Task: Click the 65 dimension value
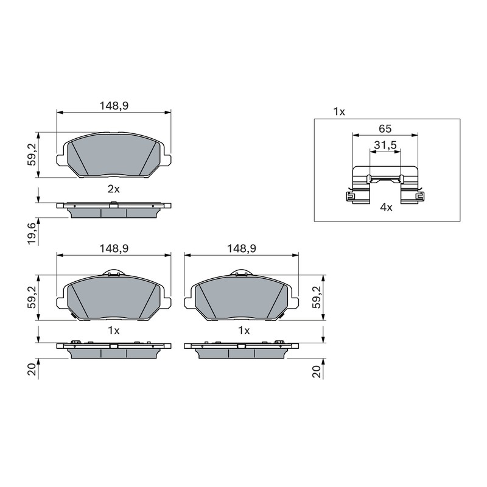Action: [385, 128]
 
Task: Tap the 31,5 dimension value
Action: [385, 145]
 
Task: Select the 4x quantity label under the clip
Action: [386, 207]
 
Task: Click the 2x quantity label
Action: [114, 189]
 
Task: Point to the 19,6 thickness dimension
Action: [33, 234]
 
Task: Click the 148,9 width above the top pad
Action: [114, 106]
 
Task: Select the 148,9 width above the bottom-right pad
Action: [242, 248]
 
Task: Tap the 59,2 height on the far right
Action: [317, 297]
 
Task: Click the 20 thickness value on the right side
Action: [317, 371]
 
